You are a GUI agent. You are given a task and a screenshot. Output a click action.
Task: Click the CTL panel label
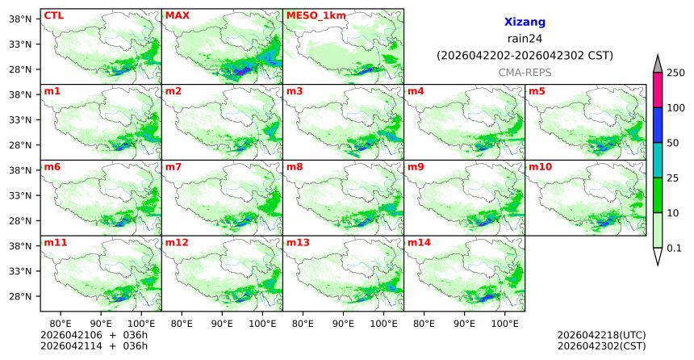53,15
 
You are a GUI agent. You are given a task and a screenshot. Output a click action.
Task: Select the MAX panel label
177,15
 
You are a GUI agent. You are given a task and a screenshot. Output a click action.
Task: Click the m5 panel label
537,90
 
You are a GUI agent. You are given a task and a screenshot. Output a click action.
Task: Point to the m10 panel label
540,166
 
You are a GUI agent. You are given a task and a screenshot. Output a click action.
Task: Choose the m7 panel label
173,166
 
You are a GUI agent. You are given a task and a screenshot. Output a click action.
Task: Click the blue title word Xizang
525,23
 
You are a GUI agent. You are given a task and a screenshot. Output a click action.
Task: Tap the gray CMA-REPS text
525,72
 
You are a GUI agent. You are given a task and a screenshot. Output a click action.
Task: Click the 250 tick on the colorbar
675,73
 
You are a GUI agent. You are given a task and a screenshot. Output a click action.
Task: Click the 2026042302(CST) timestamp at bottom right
601,346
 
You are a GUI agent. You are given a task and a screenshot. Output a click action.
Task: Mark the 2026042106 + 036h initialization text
90,335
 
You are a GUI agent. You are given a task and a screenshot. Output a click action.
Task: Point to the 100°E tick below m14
505,321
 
